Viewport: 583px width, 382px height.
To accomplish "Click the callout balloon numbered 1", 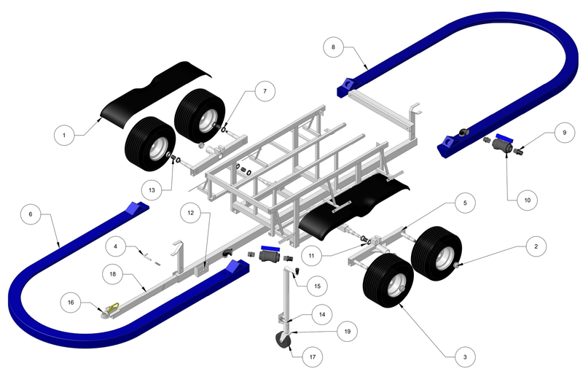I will click(x=64, y=135).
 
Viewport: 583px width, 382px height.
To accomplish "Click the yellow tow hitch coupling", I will click(x=110, y=310).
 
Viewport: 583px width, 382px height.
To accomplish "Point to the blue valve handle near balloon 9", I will click(x=504, y=137).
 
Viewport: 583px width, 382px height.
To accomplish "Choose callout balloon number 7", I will click(x=264, y=92).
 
